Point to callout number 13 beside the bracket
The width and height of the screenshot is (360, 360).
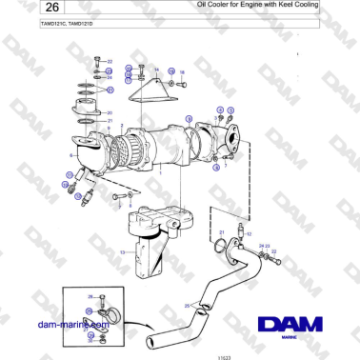click(121, 252)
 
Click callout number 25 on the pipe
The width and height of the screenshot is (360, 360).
click(187, 305)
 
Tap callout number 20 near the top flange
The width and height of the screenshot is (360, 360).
click(110, 112)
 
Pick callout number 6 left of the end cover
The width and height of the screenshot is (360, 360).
click(70, 152)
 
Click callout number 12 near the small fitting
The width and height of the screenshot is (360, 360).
click(249, 232)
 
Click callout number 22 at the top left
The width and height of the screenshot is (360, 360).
click(110, 61)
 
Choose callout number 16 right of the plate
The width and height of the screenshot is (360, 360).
click(182, 72)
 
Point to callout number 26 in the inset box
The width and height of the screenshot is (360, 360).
click(90, 297)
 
